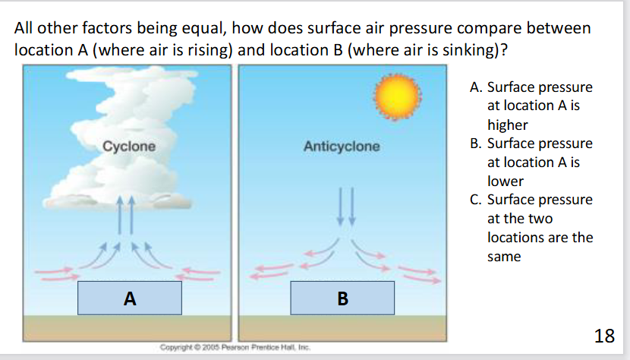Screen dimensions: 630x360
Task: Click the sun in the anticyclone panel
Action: point(398,97)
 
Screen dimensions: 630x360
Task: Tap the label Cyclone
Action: point(129,146)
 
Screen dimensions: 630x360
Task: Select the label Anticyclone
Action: point(342,146)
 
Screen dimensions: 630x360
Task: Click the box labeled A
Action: point(130,298)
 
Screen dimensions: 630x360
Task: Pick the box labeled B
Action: point(342,298)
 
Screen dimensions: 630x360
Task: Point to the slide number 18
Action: point(604,336)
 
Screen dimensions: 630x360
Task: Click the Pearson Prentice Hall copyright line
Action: point(235,347)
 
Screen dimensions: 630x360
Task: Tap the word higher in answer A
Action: point(508,125)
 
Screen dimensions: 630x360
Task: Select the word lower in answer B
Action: point(506,182)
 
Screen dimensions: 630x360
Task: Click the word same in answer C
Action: point(504,257)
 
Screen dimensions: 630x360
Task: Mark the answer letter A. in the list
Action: point(476,87)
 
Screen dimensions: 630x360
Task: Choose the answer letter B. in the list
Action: point(476,144)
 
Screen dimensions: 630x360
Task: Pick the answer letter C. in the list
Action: point(476,200)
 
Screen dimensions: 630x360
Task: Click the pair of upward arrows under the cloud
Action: point(125,215)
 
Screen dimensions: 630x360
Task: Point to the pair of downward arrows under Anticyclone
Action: point(346,207)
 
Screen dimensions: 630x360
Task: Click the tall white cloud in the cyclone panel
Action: point(121,137)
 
